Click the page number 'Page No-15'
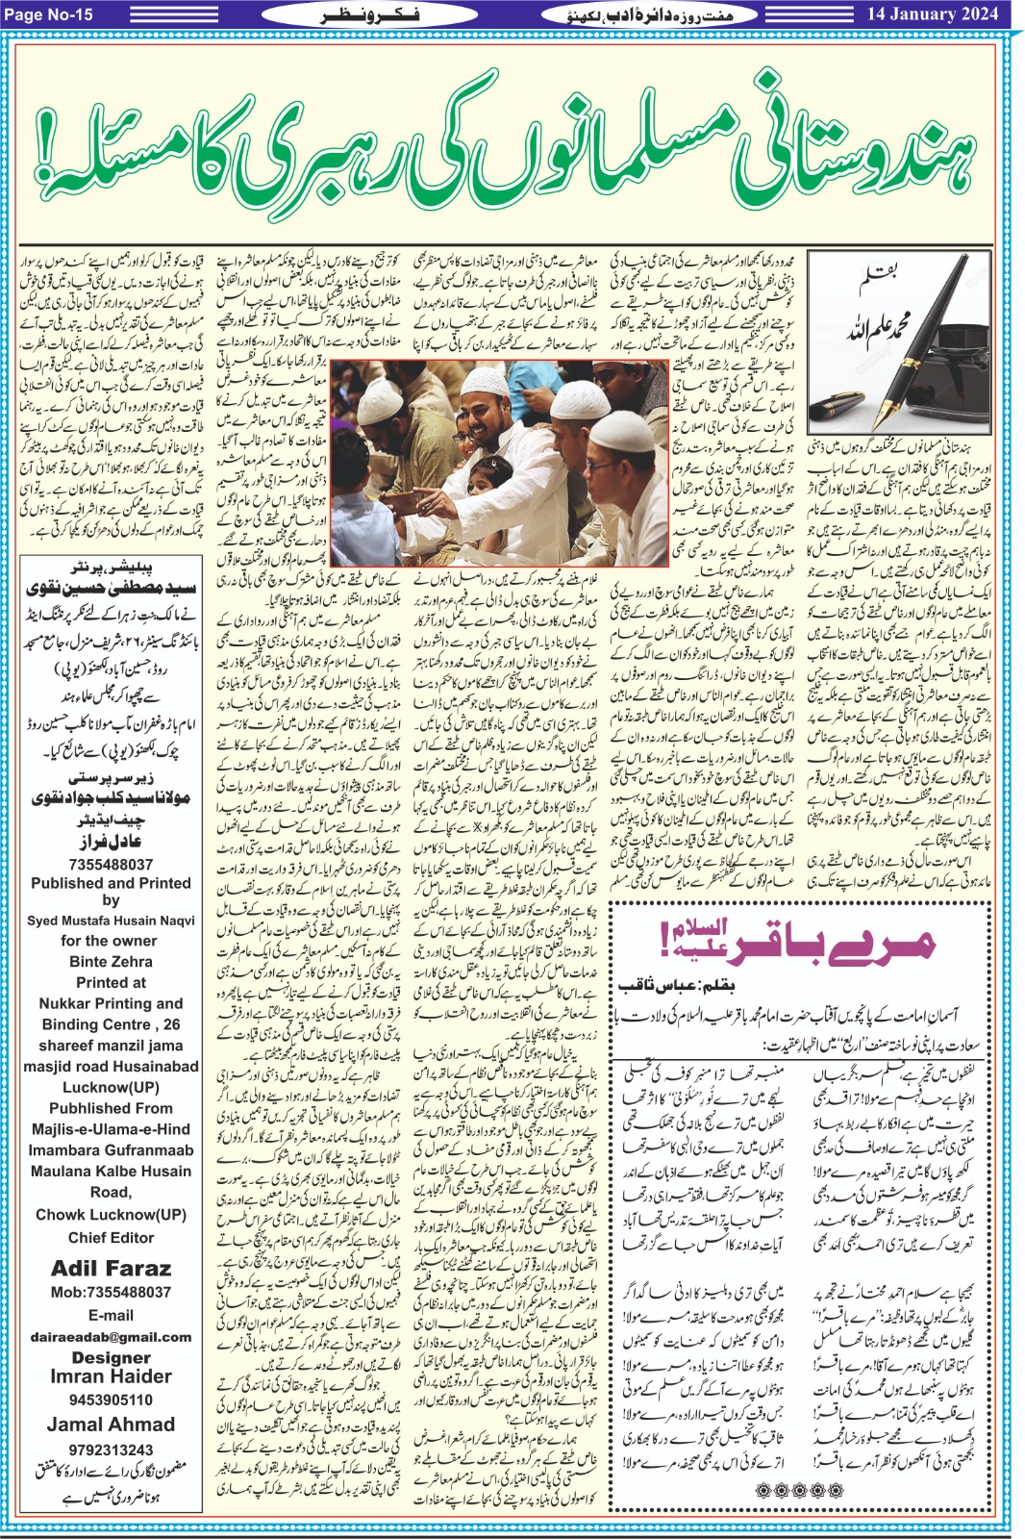(49, 13)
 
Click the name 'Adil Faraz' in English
(111, 1268)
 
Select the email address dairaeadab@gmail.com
(111, 1336)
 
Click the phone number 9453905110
(111, 1400)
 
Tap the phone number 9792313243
(111, 1450)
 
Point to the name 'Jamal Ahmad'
(111, 1425)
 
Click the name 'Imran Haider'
(111, 1376)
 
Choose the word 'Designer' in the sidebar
(111, 1357)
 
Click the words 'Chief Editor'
(111, 1237)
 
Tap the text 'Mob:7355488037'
(111, 1292)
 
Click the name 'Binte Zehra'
(111, 961)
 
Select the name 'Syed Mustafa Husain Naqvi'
(111, 921)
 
